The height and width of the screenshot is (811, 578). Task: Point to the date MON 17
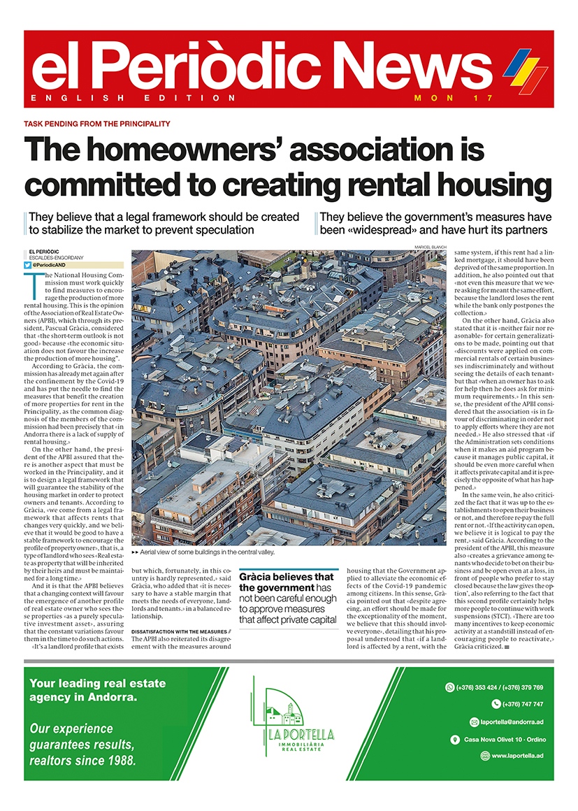point(454,98)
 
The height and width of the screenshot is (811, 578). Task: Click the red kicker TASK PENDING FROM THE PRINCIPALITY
point(97,124)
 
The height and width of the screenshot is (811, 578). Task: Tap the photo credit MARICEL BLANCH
point(430,247)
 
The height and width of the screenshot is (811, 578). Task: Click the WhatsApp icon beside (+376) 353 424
point(449,687)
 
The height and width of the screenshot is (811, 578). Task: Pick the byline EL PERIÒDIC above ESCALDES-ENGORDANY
point(45,250)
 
